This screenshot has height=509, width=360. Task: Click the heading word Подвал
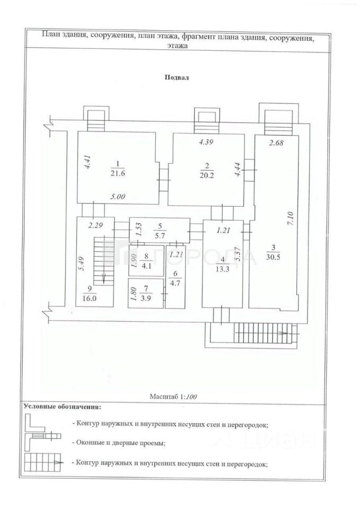[177, 77]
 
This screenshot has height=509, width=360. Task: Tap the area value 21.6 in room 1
[118, 173]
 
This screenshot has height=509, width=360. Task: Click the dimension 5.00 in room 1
[118, 197]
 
